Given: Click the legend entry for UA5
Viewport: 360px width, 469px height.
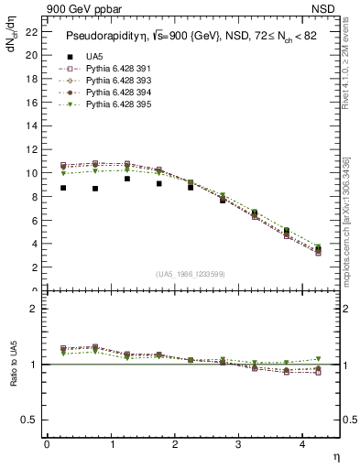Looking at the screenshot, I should (95, 57).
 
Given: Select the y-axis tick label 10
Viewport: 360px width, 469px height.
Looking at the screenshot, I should (32, 172).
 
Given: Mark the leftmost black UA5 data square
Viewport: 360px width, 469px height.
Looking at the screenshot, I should (63, 188).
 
